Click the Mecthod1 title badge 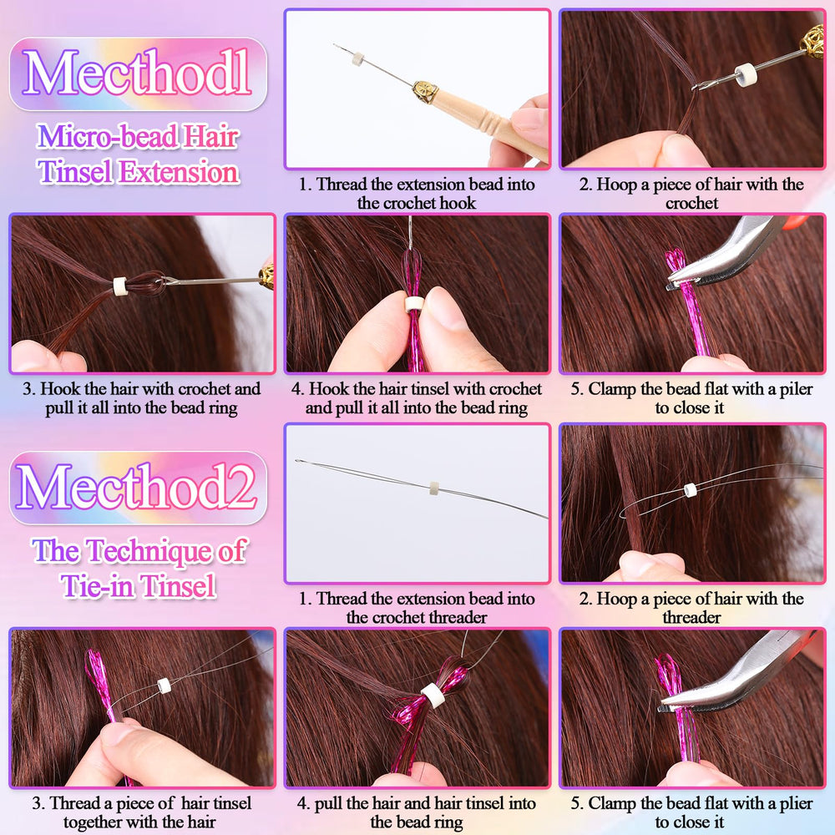(x=138, y=73)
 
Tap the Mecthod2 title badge (x=138, y=488)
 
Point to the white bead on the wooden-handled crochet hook (x=358, y=59)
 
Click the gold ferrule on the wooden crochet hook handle (x=426, y=91)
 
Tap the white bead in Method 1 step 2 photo (x=746, y=74)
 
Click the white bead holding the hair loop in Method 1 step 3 (x=119, y=286)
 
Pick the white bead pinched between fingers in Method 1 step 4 (x=414, y=304)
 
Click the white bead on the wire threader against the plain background (x=434, y=488)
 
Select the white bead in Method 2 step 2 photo (x=691, y=490)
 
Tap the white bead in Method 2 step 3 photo (x=164, y=686)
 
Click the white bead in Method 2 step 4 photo (x=433, y=696)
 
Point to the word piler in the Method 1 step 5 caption (x=796, y=389)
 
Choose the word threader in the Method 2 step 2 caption (x=691, y=618)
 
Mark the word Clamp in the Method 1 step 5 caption (x=612, y=389)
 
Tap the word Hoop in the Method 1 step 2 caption (x=617, y=185)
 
